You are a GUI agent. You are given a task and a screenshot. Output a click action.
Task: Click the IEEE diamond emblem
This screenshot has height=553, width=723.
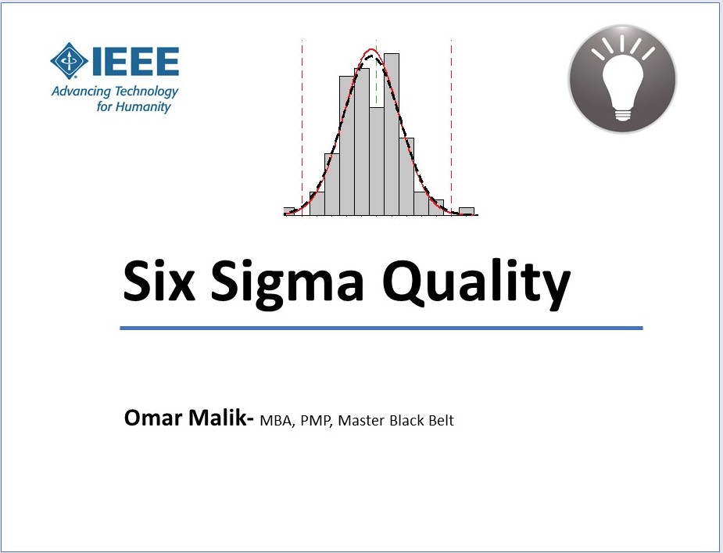[69, 61]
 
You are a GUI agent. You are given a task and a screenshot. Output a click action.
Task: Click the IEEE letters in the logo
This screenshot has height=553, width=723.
[135, 61]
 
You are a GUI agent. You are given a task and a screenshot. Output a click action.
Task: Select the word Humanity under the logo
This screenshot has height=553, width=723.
[143, 107]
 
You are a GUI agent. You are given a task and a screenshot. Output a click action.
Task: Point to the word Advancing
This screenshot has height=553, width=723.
[81, 92]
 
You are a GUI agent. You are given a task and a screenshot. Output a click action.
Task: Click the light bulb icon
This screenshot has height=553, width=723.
[622, 78]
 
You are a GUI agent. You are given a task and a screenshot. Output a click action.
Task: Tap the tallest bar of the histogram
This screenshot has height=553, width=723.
[392, 135]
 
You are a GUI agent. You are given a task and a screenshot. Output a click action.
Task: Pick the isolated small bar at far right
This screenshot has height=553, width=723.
[467, 211]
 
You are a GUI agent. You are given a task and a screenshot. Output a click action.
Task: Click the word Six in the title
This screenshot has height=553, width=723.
[159, 280]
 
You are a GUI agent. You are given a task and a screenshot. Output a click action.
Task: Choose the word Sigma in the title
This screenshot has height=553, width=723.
[288, 285]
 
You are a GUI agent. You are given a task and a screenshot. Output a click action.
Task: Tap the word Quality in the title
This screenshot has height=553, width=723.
[477, 285]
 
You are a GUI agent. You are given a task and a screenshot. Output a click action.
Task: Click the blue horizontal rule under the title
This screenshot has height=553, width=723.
[381, 329]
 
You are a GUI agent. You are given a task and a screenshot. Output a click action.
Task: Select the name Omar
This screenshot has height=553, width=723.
[153, 418]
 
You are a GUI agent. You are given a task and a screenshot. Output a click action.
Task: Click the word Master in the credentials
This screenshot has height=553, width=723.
[361, 421]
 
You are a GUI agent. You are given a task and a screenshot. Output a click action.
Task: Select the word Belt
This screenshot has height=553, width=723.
[441, 421]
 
